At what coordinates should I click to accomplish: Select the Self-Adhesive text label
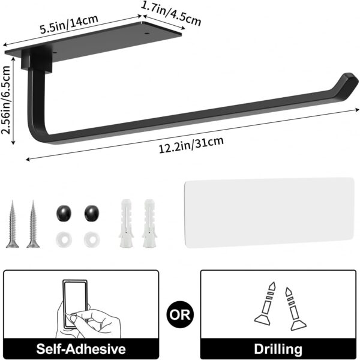tap(82, 348)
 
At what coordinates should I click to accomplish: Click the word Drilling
tap(277, 348)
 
